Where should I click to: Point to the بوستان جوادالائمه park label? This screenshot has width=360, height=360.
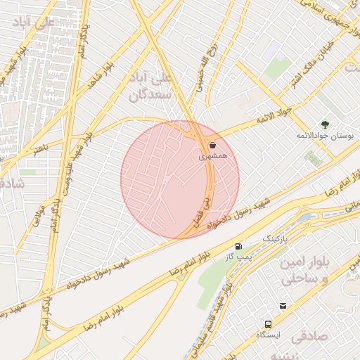[x=324, y=134]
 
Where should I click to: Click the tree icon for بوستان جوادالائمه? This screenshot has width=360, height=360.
[x=324, y=124]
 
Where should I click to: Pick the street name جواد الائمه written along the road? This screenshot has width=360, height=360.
[x=254, y=123]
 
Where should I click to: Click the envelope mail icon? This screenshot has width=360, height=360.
[x=283, y=306]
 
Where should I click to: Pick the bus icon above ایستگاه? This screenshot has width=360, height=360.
[x=268, y=324]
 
